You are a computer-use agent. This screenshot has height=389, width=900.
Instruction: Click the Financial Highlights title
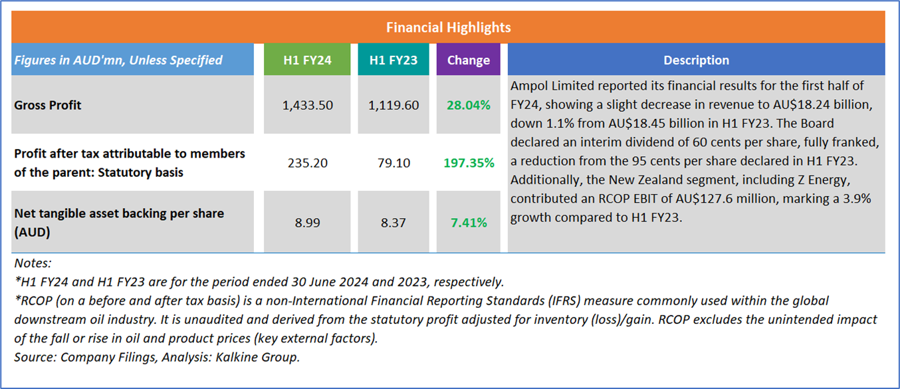(449, 27)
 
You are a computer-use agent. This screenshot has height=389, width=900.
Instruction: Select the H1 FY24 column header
(307, 60)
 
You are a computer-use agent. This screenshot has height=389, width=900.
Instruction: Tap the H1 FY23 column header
(394, 60)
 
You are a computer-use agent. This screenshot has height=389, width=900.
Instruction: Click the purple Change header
(468, 60)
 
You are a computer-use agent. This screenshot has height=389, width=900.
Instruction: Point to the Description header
(696, 60)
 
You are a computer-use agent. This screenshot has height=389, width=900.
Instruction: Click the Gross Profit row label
(48, 105)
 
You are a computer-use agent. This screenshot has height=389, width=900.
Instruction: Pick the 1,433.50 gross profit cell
(307, 105)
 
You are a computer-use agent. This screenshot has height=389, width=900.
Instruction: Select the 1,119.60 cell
(394, 105)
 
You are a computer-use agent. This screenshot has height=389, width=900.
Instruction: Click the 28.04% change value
(468, 105)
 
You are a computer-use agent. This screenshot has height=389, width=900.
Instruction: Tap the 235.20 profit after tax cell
(307, 162)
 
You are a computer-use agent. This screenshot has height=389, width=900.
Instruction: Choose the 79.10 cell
(394, 162)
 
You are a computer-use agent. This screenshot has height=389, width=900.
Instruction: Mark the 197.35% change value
(468, 162)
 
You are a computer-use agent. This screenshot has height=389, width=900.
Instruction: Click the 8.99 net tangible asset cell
(307, 222)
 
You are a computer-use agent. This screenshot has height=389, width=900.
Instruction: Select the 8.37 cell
(394, 222)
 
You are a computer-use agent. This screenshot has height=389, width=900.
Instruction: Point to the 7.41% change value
(468, 222)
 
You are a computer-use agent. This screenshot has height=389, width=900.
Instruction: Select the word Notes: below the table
(33, 263)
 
